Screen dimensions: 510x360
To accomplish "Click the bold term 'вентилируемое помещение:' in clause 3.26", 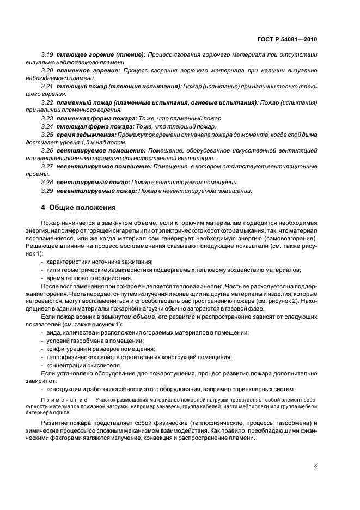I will click(x=101, y=150).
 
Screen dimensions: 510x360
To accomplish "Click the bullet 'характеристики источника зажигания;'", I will click(x=99, y=262).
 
